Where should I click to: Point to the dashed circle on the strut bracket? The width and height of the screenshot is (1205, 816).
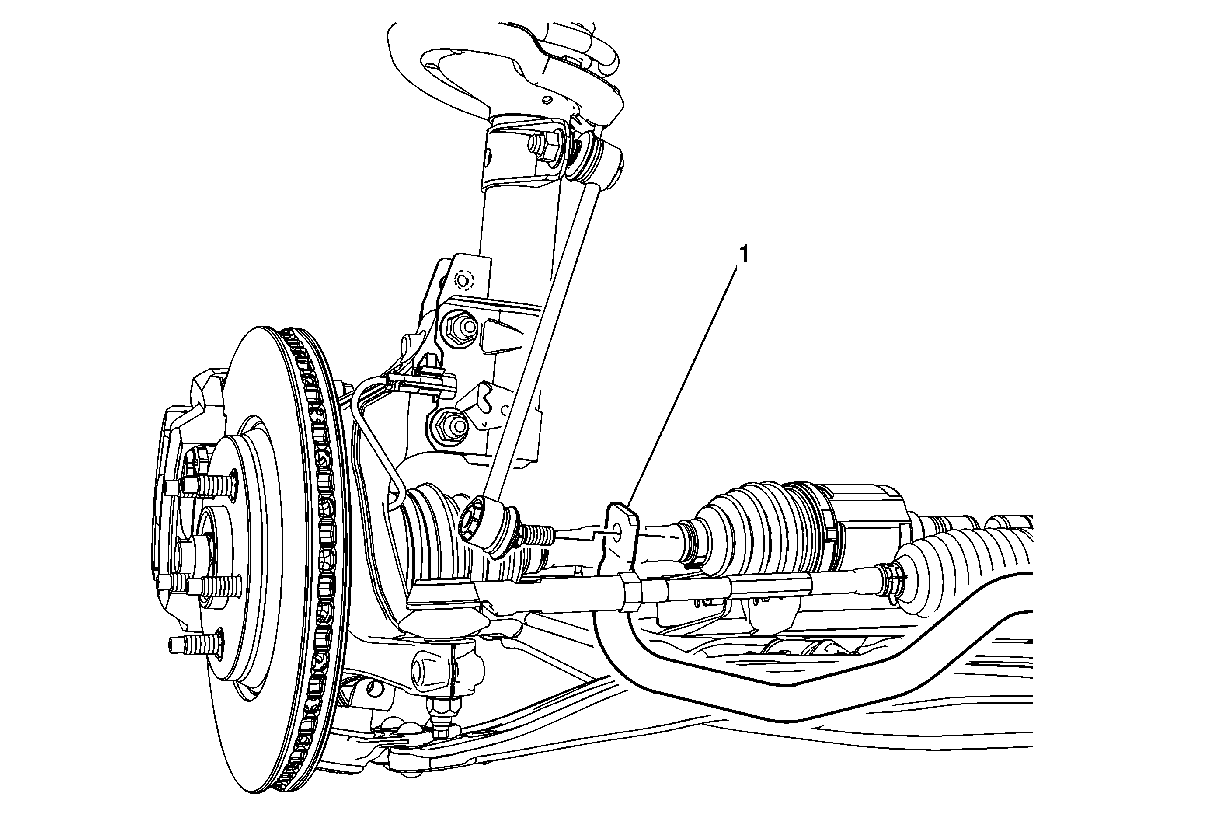coord(463,280)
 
